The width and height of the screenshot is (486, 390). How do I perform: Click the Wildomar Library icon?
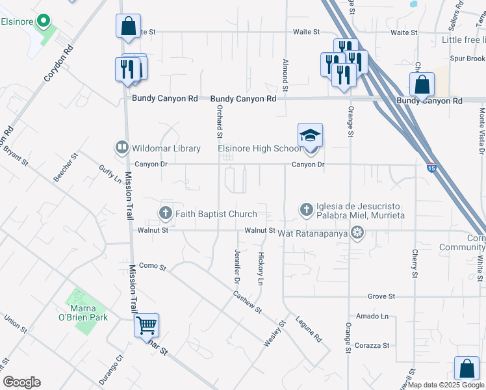point(122,148)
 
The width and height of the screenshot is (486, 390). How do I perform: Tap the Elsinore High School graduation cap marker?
point(310,136)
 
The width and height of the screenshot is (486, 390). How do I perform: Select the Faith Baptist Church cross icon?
point(166,213)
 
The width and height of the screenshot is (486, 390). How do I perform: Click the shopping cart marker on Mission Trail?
point(146,325)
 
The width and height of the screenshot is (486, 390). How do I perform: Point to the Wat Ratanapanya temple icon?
point(357,232)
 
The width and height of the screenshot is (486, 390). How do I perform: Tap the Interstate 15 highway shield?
point(431,168)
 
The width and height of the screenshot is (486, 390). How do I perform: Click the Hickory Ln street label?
point(261,269)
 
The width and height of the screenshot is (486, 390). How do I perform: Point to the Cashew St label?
point(248,301)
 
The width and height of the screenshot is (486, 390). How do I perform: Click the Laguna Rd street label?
point(309,330)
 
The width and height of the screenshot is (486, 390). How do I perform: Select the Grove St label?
point(381,296)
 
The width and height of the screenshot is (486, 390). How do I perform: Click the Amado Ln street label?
point(376,317)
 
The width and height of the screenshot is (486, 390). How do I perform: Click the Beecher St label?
point(66,167)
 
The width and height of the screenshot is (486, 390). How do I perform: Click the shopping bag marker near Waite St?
point(128,27)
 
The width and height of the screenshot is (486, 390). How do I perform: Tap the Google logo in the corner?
point(21,382)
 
